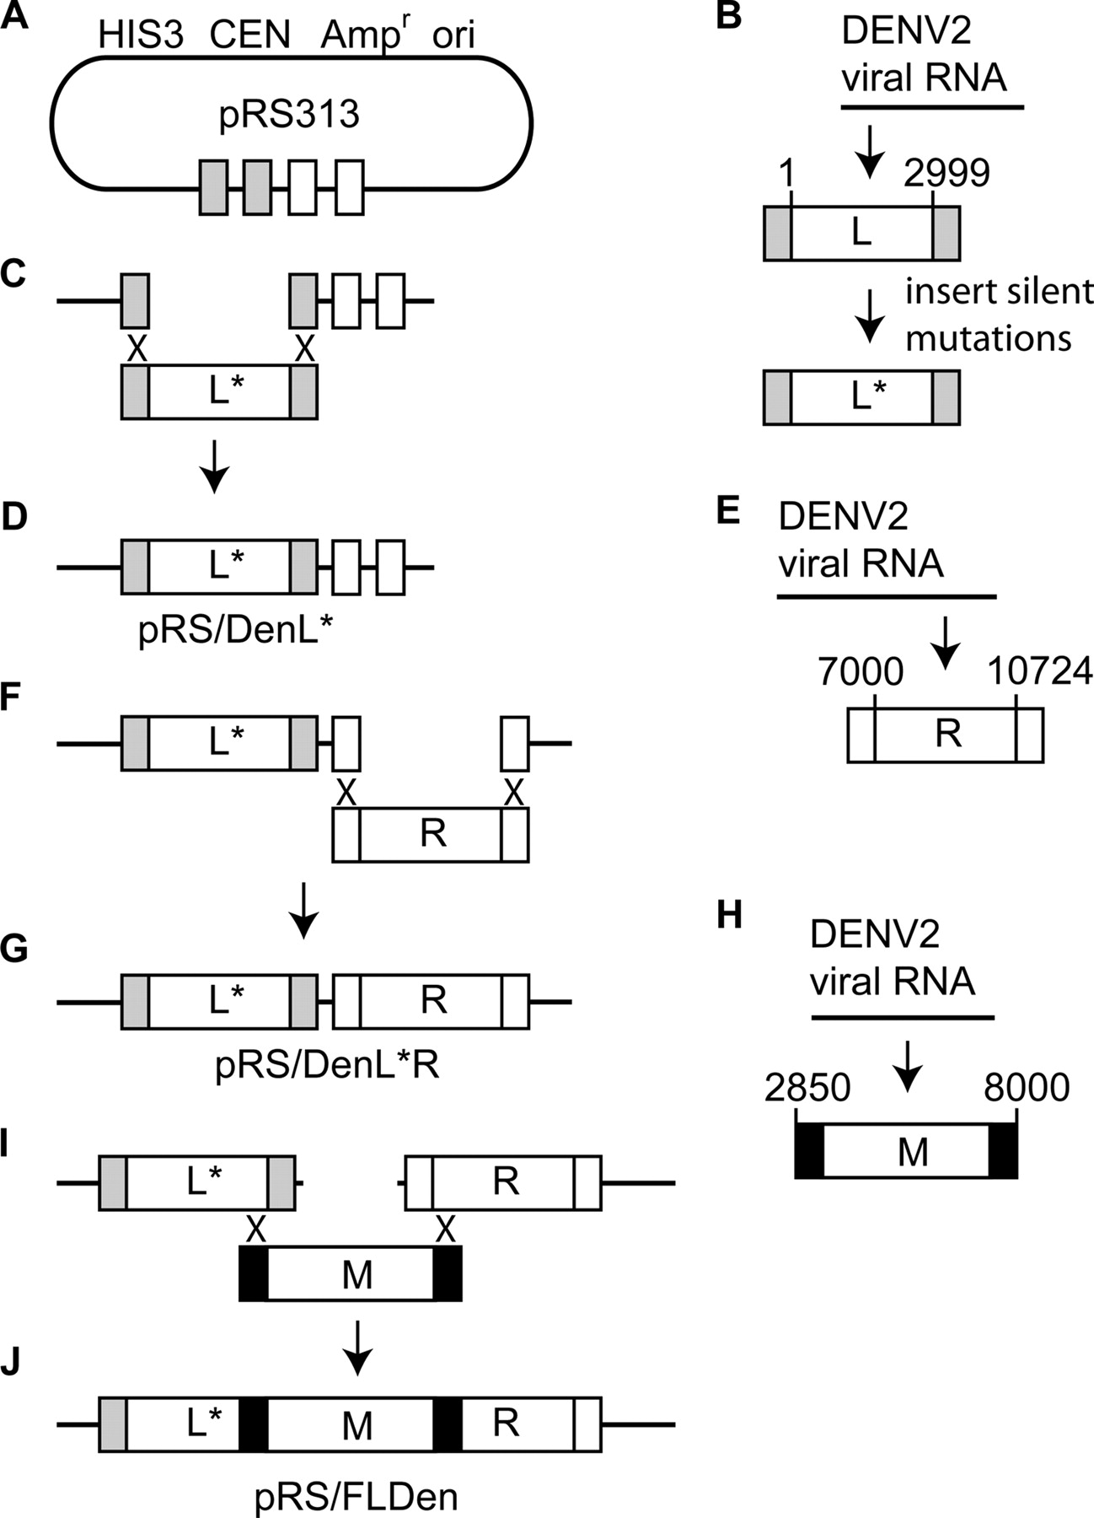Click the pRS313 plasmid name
[289, 114]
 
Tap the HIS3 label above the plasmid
[141, 35]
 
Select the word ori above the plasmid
[453, 35]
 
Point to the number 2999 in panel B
[947, 174]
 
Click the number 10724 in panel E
[1039, 672]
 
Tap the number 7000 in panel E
[861, 672]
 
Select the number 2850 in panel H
[807, 1088]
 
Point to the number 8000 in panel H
[1027, 1088]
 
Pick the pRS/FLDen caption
[357, 1497]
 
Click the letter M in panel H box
[913, 1151]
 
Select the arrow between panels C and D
[216, 466]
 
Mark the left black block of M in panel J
[254, 1424]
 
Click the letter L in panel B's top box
[861, 232]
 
